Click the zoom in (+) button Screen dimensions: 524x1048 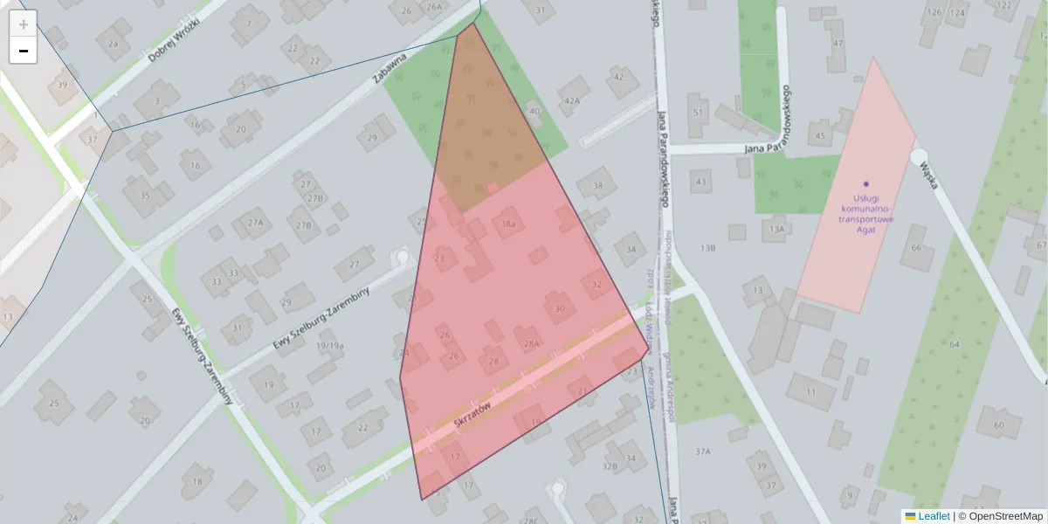[24, 24]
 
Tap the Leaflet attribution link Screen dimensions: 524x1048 [933, 516]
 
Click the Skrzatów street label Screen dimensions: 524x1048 [473, 412]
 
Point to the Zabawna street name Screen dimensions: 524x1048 [390, 67]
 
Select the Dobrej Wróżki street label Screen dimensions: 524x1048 [174, 41]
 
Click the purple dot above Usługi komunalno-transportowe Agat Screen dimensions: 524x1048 [866, 183]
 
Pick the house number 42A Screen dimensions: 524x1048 [572, 101]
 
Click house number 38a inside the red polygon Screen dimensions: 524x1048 [508, 224]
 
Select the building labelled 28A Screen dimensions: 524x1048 [530, 344]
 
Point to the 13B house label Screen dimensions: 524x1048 [707, 248]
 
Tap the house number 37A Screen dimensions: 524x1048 [703, 452]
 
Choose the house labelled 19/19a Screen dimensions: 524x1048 [330, 346]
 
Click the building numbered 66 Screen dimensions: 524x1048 [916, 247]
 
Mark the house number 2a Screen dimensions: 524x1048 [113, 43]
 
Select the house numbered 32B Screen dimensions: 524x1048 [610, 466]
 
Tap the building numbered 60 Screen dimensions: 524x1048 [999, 425]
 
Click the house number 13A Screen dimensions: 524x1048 [776, 229]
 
